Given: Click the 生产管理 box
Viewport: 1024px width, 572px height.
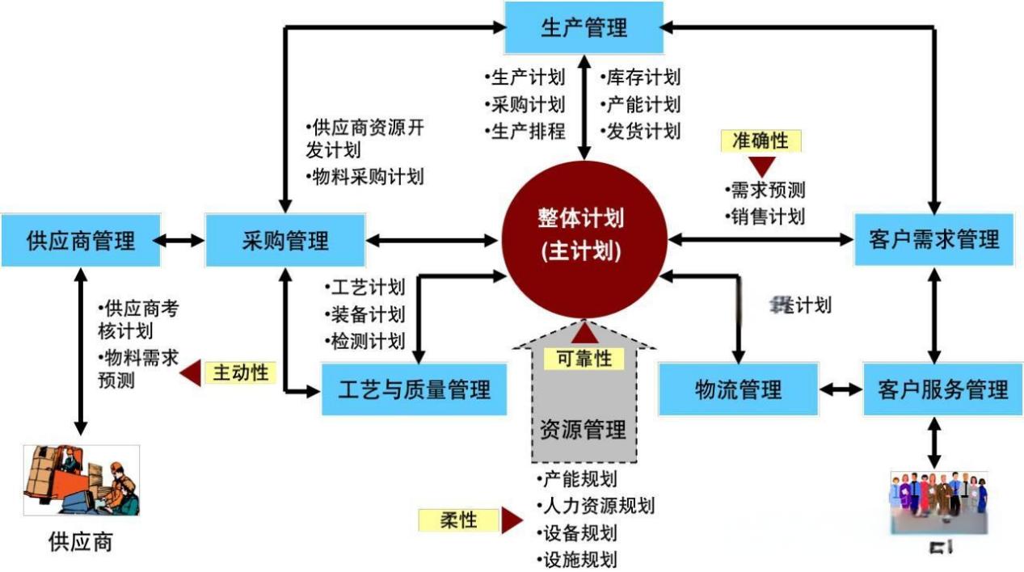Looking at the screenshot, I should (x=584, y=28).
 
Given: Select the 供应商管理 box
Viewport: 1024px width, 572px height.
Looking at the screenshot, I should (x=80, y=240).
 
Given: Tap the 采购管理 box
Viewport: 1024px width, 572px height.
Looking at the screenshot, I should (x=285, y=240).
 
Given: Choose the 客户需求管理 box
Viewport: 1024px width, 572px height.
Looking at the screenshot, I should (x=933, y=240).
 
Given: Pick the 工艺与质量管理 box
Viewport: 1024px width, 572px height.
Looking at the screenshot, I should (x=414, y=389).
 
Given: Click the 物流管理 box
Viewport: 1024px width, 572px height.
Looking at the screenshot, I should (x=738, y=389).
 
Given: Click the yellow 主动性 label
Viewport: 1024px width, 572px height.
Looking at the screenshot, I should (x=240, y=372).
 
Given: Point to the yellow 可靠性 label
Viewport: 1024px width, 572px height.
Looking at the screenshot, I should (x=584, y=359).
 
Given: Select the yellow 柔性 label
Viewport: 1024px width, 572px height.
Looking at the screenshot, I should (x=458, y=520).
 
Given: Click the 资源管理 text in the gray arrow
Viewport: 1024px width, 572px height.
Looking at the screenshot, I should (x=583, y=430).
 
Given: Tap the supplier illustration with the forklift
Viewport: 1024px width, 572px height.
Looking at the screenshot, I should (x=80, y=482).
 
